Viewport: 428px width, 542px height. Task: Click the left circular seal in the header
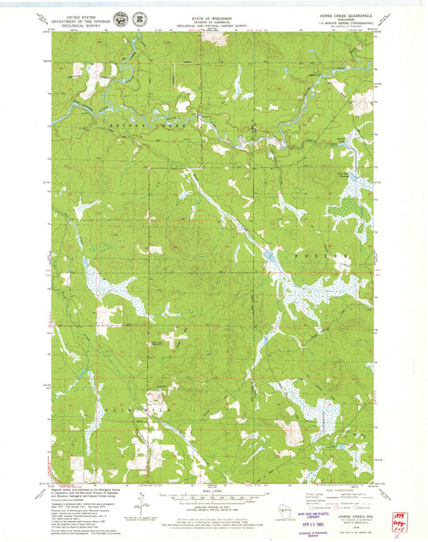pos(120,18)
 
